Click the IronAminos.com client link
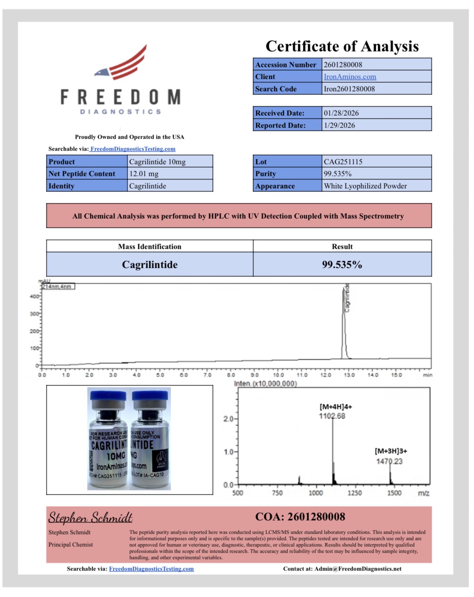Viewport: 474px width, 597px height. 350,76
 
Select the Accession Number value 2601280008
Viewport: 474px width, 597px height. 343,65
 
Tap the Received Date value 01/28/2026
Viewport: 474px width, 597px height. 341,113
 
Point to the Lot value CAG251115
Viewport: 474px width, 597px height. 343,162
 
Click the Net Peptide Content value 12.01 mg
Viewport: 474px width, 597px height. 144,174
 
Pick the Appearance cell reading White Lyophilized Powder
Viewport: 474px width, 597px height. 365,186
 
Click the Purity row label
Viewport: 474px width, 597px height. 266,174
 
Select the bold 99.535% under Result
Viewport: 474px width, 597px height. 342,265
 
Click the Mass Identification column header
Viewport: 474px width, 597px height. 150,246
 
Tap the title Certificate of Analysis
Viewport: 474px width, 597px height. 342,46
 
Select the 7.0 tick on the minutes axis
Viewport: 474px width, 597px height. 207,375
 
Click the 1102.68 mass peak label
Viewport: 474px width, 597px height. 332,416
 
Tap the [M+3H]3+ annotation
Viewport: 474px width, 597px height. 391,451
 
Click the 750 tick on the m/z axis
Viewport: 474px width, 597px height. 277,493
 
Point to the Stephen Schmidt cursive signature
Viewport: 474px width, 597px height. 90,517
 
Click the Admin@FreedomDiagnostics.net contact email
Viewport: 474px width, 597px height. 358,569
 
